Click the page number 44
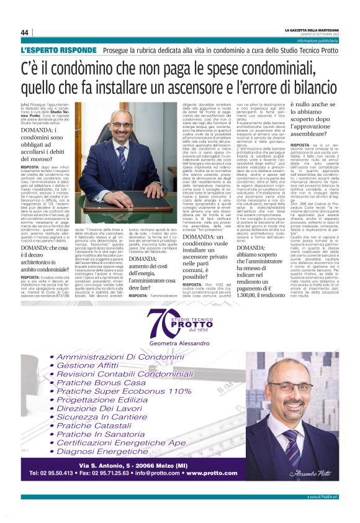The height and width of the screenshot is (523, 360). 24,32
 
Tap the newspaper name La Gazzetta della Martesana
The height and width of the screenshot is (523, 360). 312,29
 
